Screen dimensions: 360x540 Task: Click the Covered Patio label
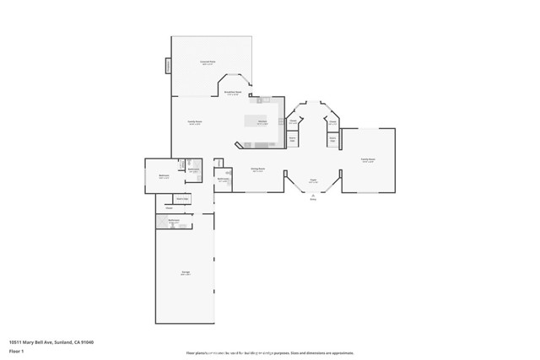(x=207, y=62)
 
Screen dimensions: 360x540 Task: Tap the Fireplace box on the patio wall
(x=168, y=65)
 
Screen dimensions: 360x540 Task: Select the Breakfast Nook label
(x=234, y=92)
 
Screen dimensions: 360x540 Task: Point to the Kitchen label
(x=262, y=123)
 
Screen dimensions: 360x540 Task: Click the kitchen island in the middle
(x=256, y=121)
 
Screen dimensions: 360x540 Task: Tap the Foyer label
(x=312, y=180)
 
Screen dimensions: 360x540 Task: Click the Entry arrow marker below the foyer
(x=313, y=197)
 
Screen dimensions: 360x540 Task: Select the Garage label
(x=185, y=272)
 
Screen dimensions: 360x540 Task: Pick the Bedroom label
(x=164, y=176)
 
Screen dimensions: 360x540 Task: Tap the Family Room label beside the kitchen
(x=194, y=123)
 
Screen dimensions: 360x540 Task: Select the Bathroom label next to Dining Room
(x=223, y=179)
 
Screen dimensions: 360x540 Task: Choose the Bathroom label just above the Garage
(x=174, y=221)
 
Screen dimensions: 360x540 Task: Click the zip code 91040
(x=86, y=341)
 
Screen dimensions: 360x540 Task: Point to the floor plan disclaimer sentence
(x=269, y=353)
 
